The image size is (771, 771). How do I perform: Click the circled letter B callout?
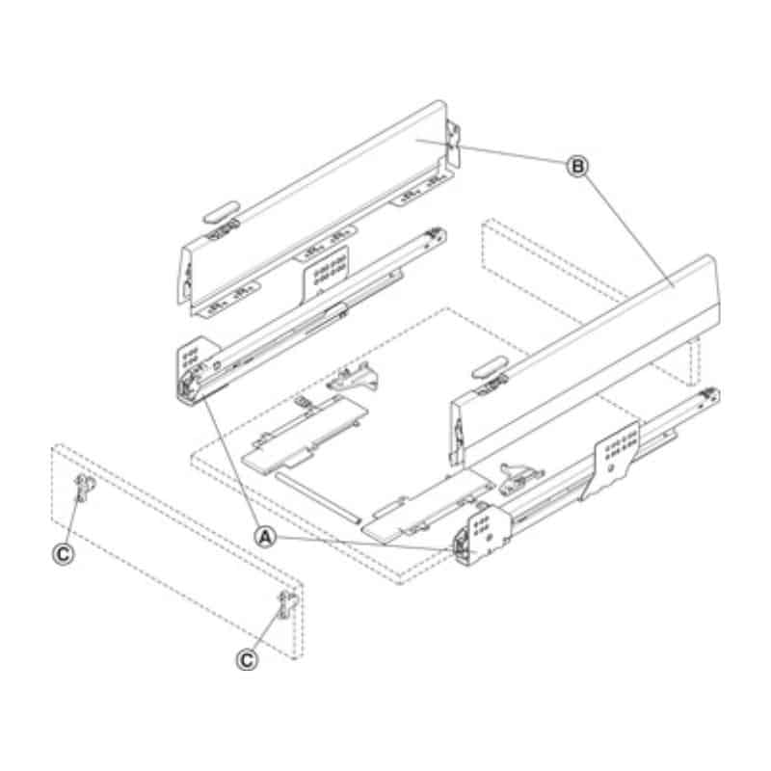pos(577,167)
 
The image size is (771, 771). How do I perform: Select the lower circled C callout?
pos(248,658)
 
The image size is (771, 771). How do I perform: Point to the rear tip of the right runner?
pos(709,394)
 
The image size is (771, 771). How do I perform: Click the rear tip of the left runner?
pos(439,232)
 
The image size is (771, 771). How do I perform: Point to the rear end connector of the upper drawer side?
pos(453,145)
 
